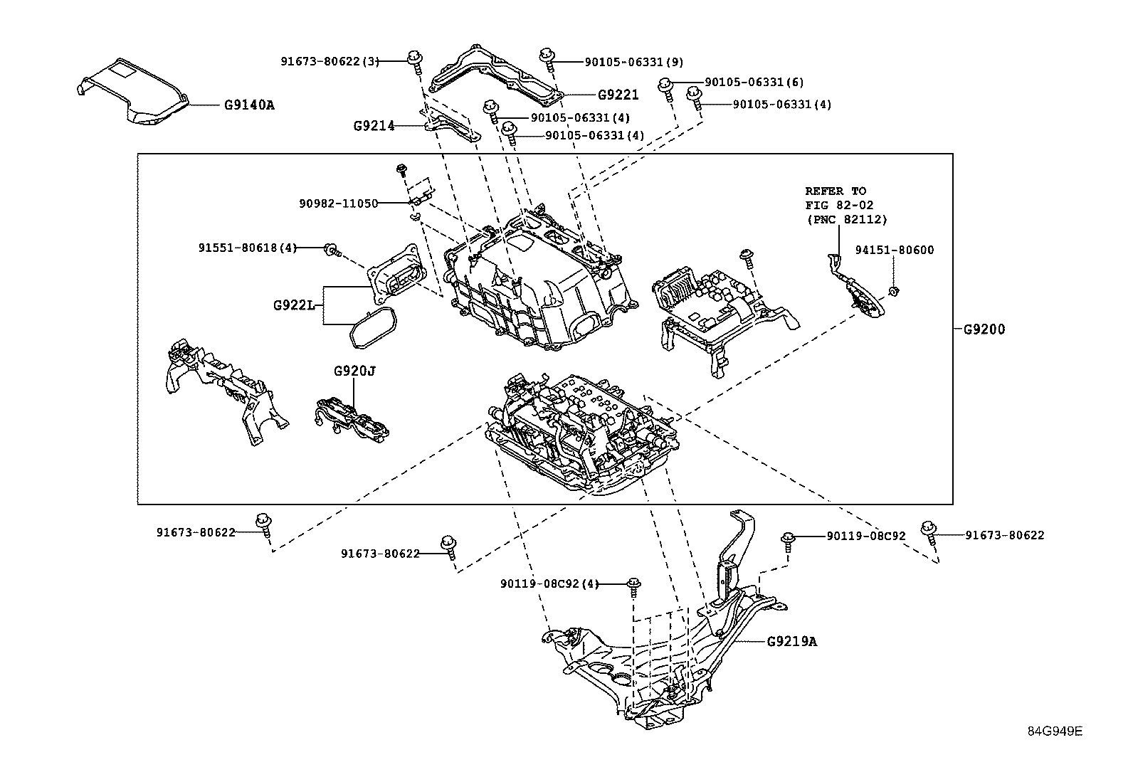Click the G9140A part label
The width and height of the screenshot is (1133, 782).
coord(249,105)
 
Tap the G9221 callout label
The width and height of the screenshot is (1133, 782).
coord(618,94)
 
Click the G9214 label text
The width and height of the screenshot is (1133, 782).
coord(374,126)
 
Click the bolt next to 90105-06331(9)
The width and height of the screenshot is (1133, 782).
coord(548,58)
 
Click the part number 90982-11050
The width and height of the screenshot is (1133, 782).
coord(338,203)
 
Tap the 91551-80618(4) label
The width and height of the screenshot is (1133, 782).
coord(247,248)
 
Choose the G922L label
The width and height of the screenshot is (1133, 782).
coord(294,305)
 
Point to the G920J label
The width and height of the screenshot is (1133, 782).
coord(354,371)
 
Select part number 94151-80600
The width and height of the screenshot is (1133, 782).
coord(895,250)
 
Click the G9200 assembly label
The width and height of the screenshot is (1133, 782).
coord(984,329)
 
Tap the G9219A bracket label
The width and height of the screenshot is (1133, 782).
coord(792,641)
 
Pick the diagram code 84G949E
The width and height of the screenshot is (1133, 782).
coord(1055,731)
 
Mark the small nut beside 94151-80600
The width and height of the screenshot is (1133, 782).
coord(895,290)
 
